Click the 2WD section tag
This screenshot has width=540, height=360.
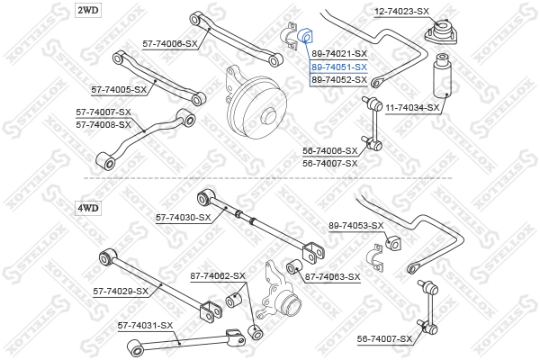[89, 10]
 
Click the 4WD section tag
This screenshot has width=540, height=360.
[89, 208]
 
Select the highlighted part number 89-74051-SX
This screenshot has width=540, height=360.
[339, 67]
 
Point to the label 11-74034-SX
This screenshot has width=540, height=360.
[412, 108]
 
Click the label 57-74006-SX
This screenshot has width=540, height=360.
[170, 43]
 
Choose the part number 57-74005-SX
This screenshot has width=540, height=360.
[119, 90]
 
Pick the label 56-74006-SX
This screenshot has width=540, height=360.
[330, 151]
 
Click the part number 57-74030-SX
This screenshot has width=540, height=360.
[184, 217]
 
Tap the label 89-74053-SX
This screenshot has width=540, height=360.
[356, 225]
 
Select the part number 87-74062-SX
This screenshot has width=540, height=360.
[217, 275]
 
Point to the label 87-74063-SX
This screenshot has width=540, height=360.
[332, 276]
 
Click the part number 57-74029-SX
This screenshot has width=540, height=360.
[121, 292]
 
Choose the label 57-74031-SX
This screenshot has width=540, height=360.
[145, 325]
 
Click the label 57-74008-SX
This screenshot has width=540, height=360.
[103, 124]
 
